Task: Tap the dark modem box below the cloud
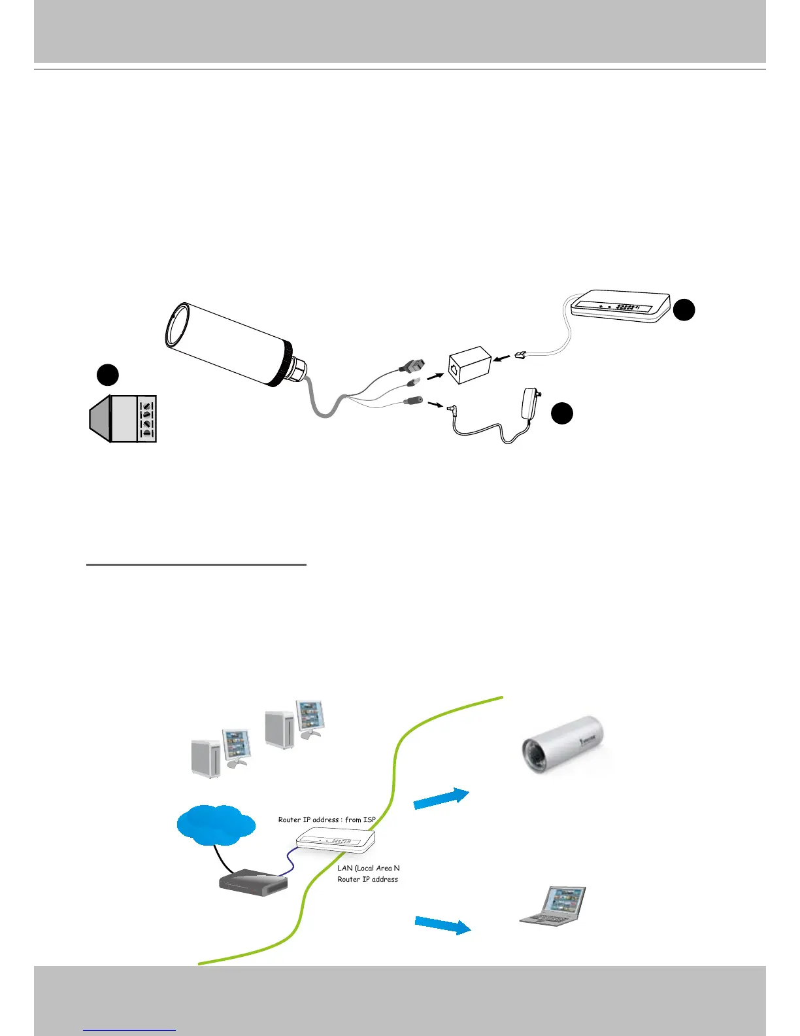click(x=252, y=882)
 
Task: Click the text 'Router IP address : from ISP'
click(x=327, y=820)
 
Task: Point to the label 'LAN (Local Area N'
click(x=368, y=868)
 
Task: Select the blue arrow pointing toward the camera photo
click(x=441, y=799)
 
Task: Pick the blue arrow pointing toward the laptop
click(x=442, y=925)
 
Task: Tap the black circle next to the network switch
click(x=684, y=310)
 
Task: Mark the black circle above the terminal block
click(x=108, y=375)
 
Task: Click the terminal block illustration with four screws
click(x=124, y=419)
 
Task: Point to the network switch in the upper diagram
click(x=621, y=306)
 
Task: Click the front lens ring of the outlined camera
click(x=176, y=326)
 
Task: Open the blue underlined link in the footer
click(x=129, y=1029)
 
